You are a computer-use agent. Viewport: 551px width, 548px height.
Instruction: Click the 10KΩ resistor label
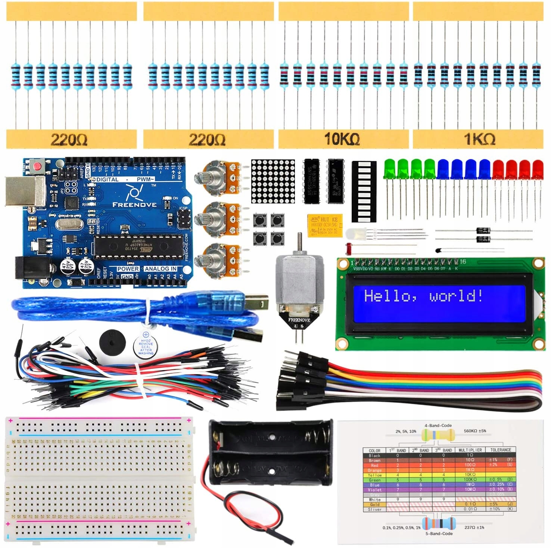342,139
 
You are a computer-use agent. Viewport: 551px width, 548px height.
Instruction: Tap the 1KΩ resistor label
479,139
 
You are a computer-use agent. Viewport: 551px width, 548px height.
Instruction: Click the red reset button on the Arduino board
37,165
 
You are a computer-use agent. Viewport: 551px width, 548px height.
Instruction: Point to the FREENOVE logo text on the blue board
134,205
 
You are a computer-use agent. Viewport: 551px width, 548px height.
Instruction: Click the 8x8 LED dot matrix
273,181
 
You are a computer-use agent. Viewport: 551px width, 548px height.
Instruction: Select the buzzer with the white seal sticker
146,344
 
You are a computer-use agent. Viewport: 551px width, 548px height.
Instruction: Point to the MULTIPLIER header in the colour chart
470,450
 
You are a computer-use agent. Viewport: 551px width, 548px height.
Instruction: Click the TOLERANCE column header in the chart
501,450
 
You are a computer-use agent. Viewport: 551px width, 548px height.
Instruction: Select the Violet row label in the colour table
374,490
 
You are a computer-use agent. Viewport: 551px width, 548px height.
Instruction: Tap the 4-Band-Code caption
438,426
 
